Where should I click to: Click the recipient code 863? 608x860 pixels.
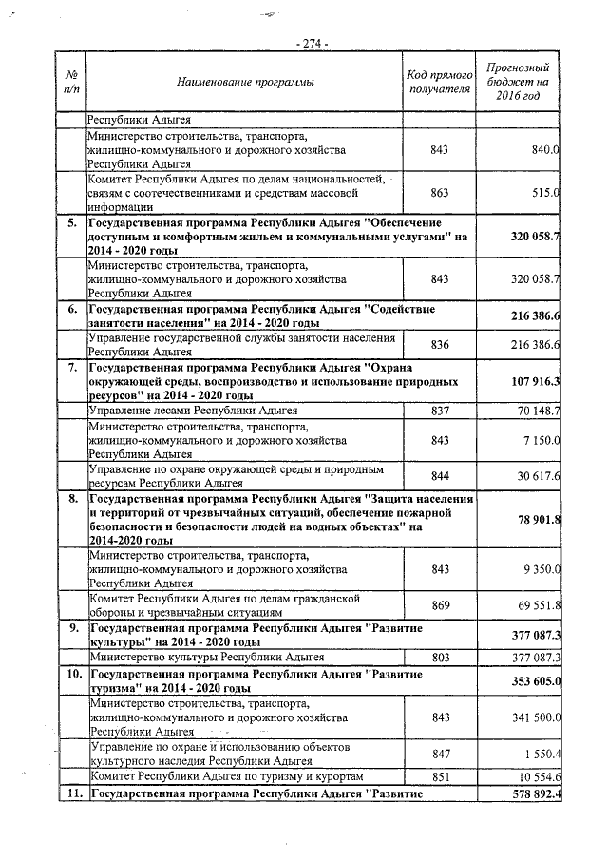point(439,192)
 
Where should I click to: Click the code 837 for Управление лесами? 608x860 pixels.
point(439,411)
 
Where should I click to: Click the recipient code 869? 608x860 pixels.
point(439,605)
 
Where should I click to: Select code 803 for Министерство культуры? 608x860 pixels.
point(439,657)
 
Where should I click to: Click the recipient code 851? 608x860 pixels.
point(439,776)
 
